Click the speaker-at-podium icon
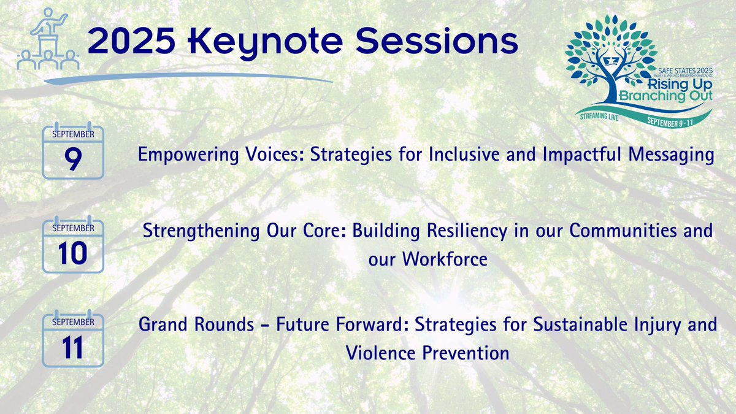48,39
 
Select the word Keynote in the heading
266,43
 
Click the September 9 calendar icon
73,150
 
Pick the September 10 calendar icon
73,245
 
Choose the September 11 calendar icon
73,339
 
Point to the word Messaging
671,155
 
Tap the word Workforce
445,259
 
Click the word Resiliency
467,231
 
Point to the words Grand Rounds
196,324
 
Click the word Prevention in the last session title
466,353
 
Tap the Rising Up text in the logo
680,85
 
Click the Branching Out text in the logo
665,96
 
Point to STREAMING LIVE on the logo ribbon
599,117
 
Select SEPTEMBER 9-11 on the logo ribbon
670,122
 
